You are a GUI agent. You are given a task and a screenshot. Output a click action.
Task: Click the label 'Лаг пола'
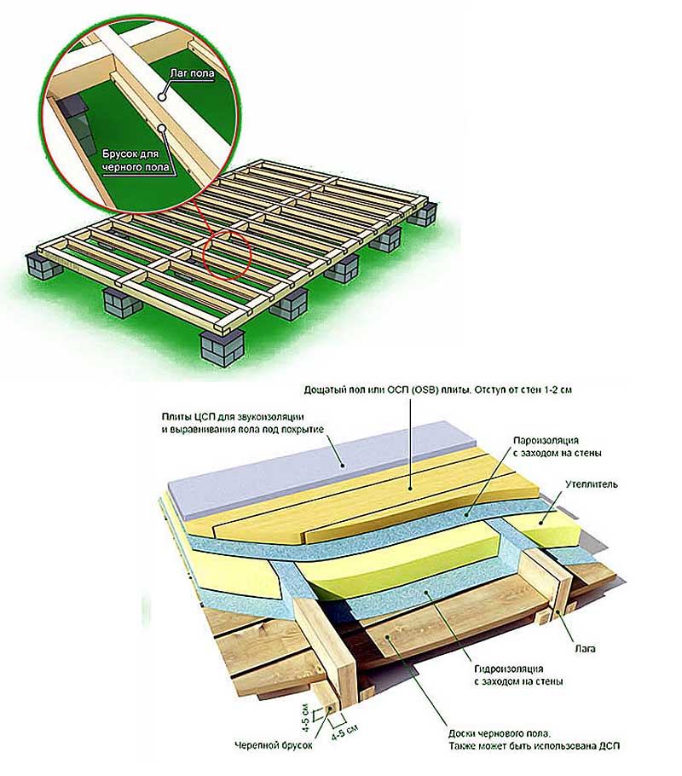pyautogui.click(x=192, y=73)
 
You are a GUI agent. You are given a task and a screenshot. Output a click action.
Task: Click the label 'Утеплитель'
pyautogui.click(x=592, y=484)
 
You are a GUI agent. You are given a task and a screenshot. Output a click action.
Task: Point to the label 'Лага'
pyautogui.click(x=585, y=648)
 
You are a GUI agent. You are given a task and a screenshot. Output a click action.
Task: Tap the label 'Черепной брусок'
pyautogui.click(x=274, y=760)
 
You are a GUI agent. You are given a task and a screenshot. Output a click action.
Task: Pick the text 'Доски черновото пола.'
pyautogui.click(x=500, y=734)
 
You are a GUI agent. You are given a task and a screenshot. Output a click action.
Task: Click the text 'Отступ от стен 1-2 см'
pyautogui.click(x=523, y=390)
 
